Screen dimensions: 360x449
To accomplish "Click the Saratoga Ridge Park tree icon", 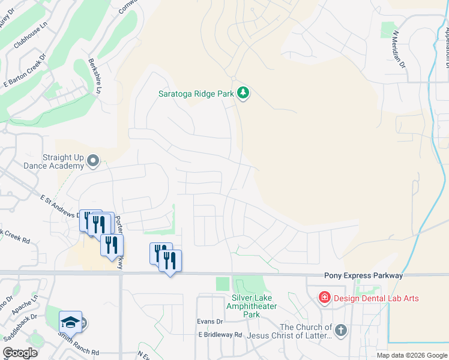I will [x=243, y=93].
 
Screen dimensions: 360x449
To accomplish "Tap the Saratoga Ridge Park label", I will [x=196, y=93].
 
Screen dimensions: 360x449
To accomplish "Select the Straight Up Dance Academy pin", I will [x=93, y=160].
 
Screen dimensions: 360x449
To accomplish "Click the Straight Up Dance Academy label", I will [x=53, y=160].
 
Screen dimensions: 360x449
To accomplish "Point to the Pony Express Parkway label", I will [x=363, y=275].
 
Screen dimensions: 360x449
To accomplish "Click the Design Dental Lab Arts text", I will [x=376, y=298].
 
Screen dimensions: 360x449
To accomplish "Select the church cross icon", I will [x=340, y=331].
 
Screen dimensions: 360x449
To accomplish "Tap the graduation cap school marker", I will [x=70, y=322].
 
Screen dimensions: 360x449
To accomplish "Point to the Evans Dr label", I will [x=210, y=322].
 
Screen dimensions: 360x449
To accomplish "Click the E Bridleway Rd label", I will [x=220, y=335].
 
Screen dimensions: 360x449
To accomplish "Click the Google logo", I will [x=20, y=353].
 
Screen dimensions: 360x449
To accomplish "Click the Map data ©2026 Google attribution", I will [x=411, y=355].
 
